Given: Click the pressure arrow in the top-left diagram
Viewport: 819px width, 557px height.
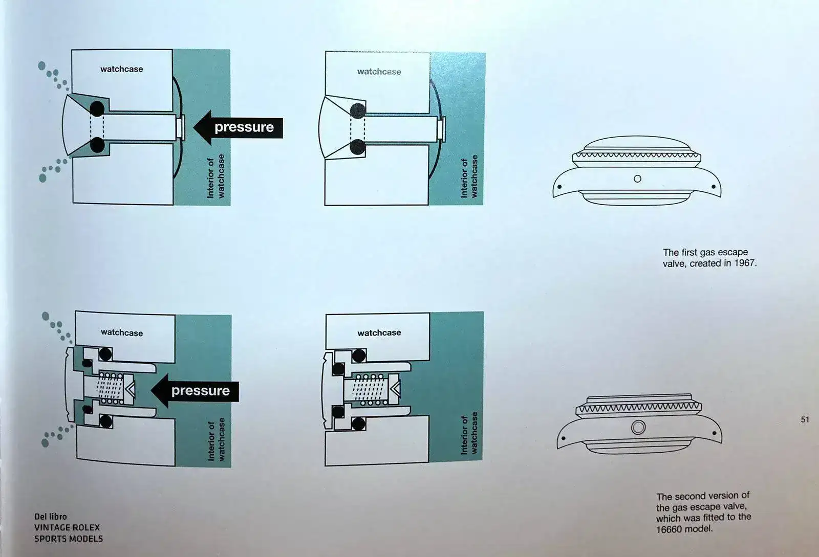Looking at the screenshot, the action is (238, 127).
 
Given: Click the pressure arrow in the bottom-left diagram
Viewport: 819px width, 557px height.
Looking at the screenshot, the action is (195, 391).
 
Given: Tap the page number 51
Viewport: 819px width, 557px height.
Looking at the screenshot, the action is (805, 419).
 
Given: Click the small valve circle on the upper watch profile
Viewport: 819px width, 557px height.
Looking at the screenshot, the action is (637, 179).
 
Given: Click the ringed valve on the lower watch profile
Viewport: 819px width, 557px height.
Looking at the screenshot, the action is (638, 427).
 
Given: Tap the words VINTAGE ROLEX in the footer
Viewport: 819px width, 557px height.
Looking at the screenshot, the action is (67, 527).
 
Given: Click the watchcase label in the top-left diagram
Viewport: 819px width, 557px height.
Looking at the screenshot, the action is (122, 69).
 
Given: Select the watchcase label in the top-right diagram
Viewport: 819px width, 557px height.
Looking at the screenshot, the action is (379, 72).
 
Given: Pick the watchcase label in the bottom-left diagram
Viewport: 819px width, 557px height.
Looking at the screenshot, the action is (122, 333).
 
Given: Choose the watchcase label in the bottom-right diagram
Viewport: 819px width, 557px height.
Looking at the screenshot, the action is (379, 333).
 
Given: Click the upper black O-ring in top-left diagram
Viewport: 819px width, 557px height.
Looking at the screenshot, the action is (97, 109).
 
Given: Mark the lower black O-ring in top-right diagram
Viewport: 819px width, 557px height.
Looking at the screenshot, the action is (358, 147).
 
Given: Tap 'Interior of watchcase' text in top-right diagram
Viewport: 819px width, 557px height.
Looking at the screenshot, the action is (469, 176).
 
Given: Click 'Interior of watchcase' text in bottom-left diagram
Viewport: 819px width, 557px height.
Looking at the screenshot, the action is (216, 439).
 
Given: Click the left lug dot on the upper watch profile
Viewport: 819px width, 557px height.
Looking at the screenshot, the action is (559, 187).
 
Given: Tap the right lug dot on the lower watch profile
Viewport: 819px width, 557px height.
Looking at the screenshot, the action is (714, 433).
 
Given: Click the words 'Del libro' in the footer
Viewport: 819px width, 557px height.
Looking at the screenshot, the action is (51, 517).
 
